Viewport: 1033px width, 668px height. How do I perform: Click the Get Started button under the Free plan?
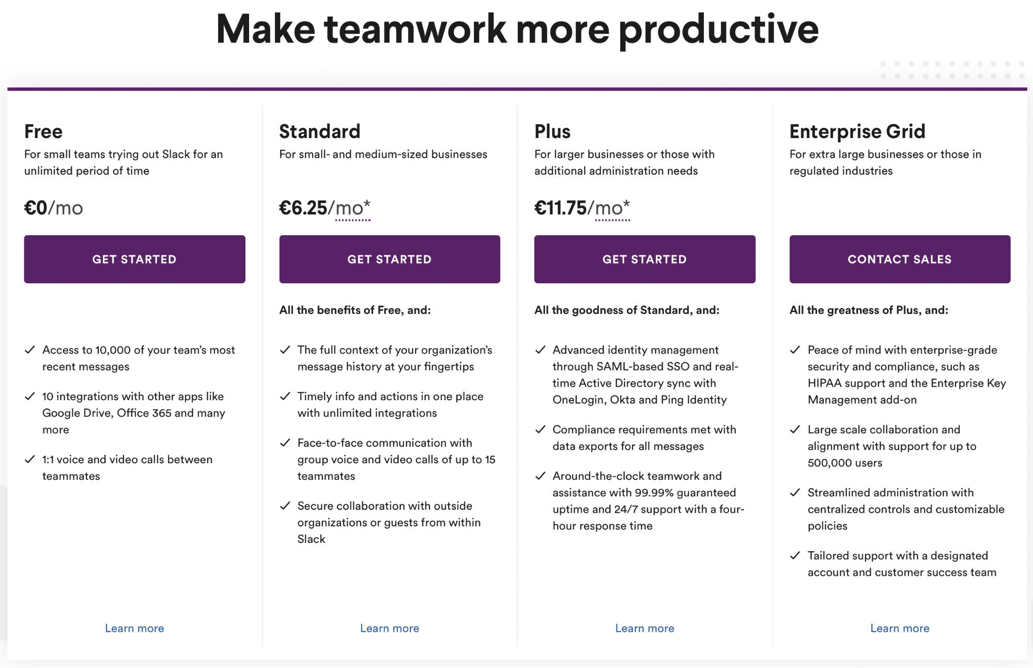click(134, 259)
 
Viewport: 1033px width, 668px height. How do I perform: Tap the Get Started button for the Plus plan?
click(644, 259)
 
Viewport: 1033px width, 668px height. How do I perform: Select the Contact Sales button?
click(900, 259)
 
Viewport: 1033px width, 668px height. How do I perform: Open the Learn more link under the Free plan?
click(134, 628)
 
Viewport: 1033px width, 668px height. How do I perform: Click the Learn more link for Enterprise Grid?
click(900, 628)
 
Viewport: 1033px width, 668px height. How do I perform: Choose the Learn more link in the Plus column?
click(644, 628)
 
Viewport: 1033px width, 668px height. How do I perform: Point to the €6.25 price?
click(303, 208)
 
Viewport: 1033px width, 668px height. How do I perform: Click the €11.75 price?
click(561, 208)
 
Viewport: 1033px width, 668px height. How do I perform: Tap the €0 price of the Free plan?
click(36, 208)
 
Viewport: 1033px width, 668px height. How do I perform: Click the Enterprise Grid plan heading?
click(857, 132)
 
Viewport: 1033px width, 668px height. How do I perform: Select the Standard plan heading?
click(319, 132)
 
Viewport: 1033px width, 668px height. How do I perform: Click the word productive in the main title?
click(718, 30)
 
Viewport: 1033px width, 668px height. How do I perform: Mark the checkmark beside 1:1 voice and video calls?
click(30, 459)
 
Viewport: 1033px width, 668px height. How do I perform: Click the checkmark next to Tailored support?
click(795, 555)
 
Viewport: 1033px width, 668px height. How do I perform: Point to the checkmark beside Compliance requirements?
click(540, 429)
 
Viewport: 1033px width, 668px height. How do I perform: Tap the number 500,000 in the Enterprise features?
click(830, 463)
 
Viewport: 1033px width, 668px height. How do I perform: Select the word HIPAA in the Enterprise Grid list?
click(825, 383)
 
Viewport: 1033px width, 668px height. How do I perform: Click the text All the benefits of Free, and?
click(355, 310)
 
